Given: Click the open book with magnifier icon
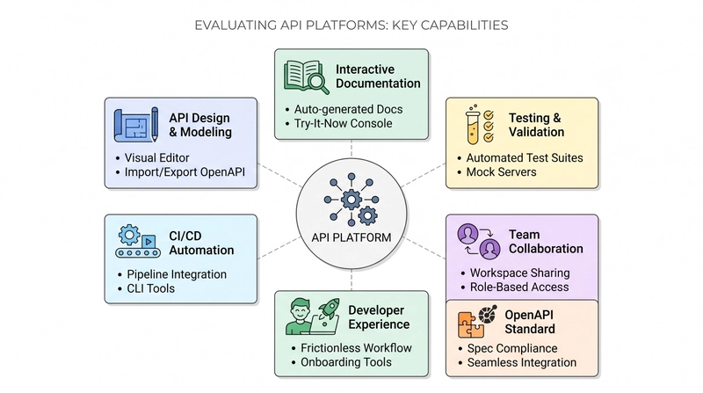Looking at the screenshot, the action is (306, 77).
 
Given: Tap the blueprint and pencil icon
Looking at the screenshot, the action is (136, 125).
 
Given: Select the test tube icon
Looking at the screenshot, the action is (472, 126).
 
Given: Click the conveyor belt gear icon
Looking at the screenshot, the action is (138, 241).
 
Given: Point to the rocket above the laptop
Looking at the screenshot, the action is (329, 309).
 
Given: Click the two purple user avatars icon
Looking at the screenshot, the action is (478, 241).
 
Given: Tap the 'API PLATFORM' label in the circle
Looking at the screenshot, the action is (351, 237).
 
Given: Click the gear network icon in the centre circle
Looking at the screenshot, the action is (351, 200).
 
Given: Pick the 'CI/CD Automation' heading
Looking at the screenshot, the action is (201, 243).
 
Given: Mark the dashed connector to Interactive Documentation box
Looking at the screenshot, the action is (351, 149).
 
